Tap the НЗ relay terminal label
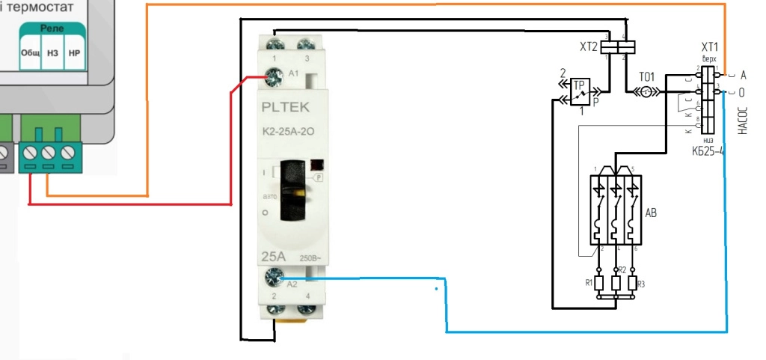tap(52, 54)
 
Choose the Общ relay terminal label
tap(31, 54)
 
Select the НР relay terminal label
tap(74, 54)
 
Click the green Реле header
tap(52, 28)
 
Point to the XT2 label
tap(589, 47)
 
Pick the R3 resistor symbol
tap(633, 283)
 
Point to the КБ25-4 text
tap(707, 150)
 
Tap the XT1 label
tap(709, 46)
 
